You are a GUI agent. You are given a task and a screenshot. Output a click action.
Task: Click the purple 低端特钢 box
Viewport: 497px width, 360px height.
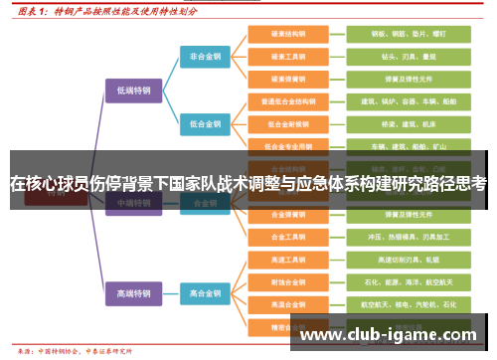pyautogui.click(x=134, y=90)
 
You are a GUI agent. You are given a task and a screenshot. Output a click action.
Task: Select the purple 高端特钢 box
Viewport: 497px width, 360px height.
pyautogui.click(x=134, y=293)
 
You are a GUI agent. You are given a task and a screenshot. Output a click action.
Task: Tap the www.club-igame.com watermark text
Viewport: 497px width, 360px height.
pyautogui.click(x=388, y=334)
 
